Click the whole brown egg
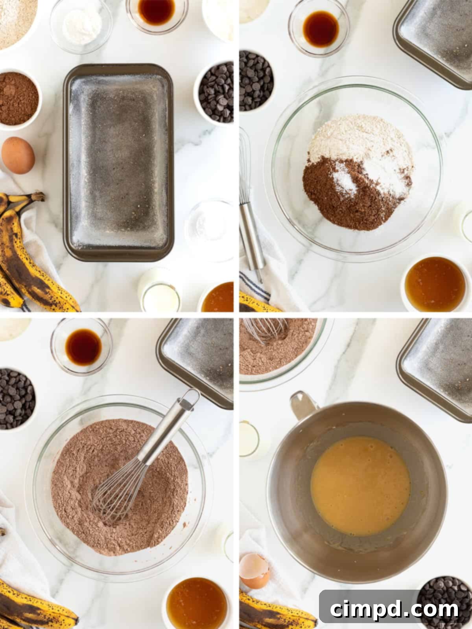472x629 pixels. (18, 155)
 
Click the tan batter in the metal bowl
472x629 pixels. (360, 486)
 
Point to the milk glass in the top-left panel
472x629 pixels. (161, 295)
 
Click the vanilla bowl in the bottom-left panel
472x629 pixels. (83, 346)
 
